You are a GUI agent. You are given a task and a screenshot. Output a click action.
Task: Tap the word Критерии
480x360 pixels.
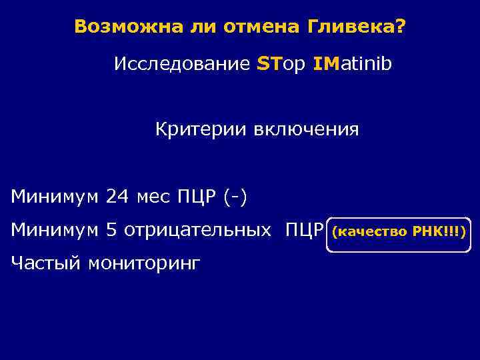(x=201, y=129)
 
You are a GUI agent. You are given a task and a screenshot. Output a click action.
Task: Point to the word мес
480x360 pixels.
(x=154, y=197)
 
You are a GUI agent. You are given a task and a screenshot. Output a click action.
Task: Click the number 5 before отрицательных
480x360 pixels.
(x=111, y=231)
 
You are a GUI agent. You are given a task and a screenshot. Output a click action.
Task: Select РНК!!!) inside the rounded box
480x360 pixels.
(x=441, y=231)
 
